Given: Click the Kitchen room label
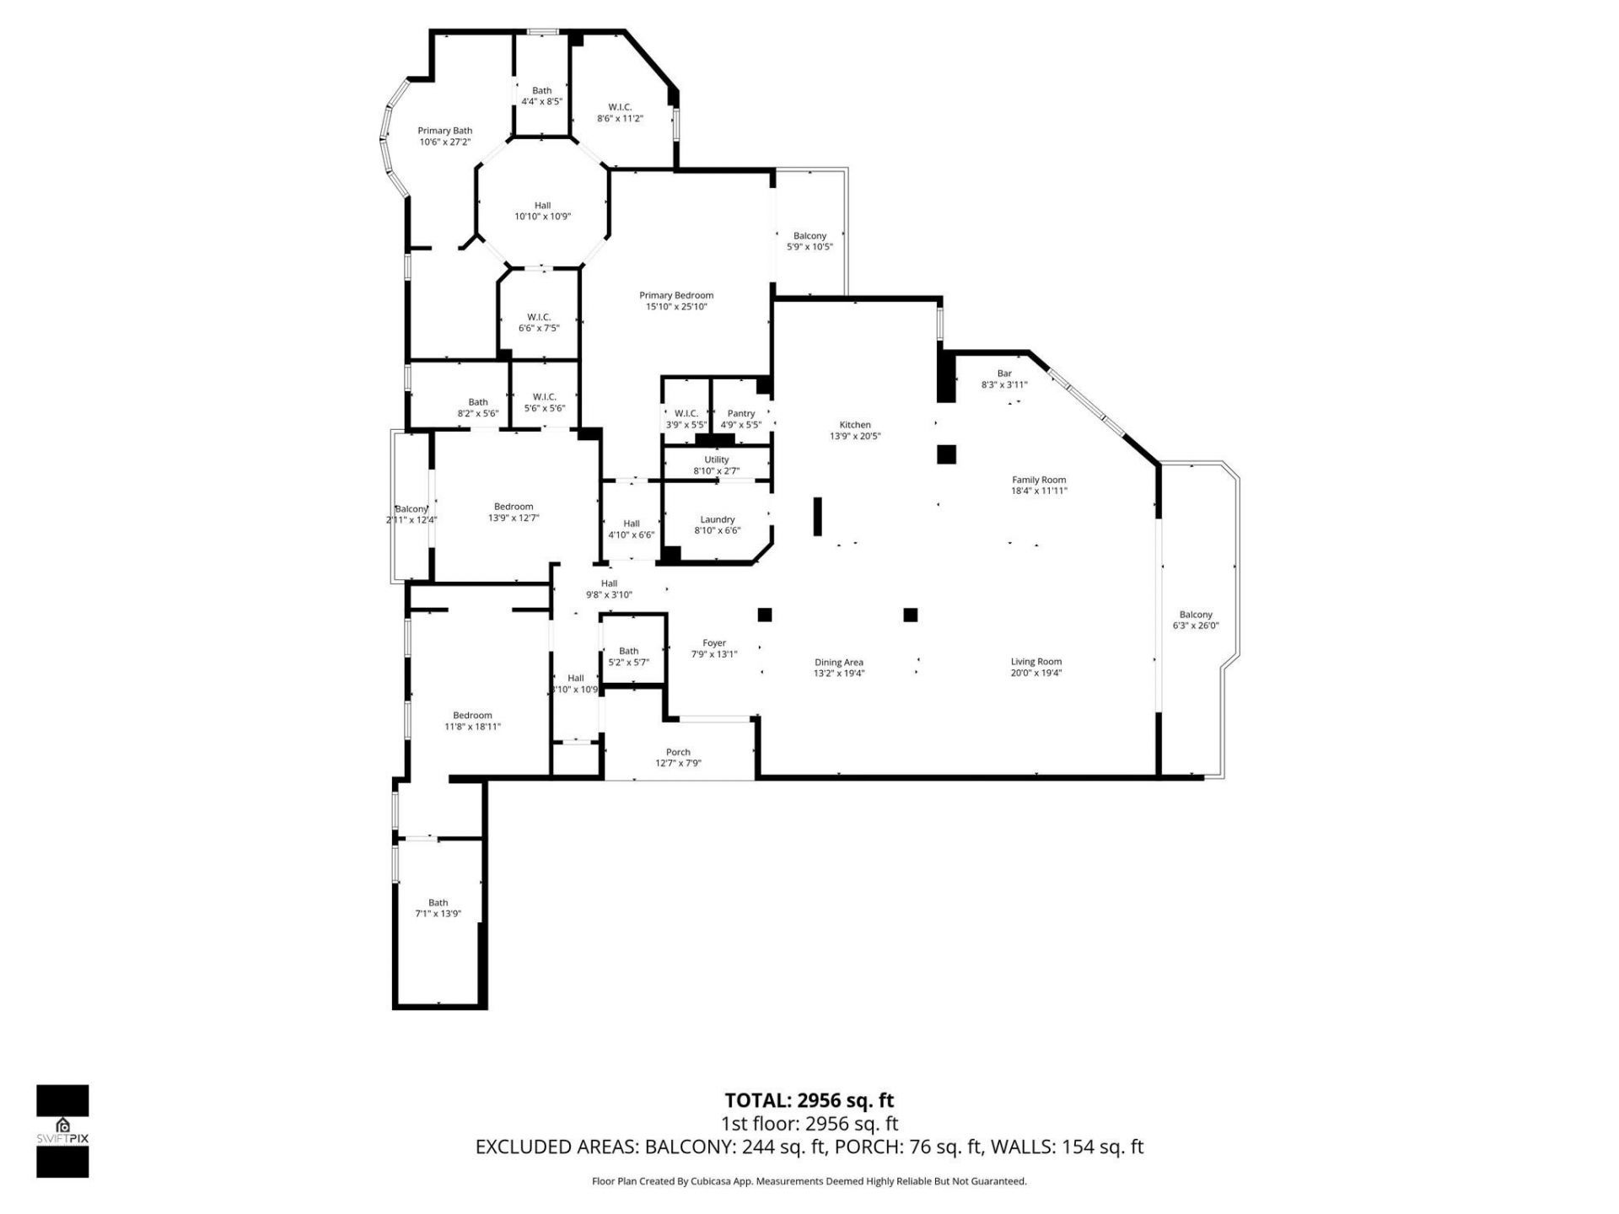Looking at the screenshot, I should coord(854,425).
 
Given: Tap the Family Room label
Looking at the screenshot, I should coord(1039,480).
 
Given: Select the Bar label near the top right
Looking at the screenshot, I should coord(1003,373).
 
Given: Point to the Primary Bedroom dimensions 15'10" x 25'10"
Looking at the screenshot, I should coord(676,307).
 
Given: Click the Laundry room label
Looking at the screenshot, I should coord(717,519).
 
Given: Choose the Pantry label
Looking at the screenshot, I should coord(740,413).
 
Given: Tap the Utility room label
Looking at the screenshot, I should coord(716,460).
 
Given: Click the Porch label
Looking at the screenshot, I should coord(678,752).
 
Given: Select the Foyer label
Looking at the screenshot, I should coord(714,643).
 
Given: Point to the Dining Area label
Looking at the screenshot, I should coord(838,663).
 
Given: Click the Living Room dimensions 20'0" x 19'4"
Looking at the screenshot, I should coord(1035,673).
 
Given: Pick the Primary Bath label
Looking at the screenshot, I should coord(444,131).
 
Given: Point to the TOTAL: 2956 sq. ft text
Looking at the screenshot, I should coord(809,1100).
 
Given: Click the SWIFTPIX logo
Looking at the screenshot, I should coord(62,1131).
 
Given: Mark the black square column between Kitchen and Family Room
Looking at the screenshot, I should coord(946,454).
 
